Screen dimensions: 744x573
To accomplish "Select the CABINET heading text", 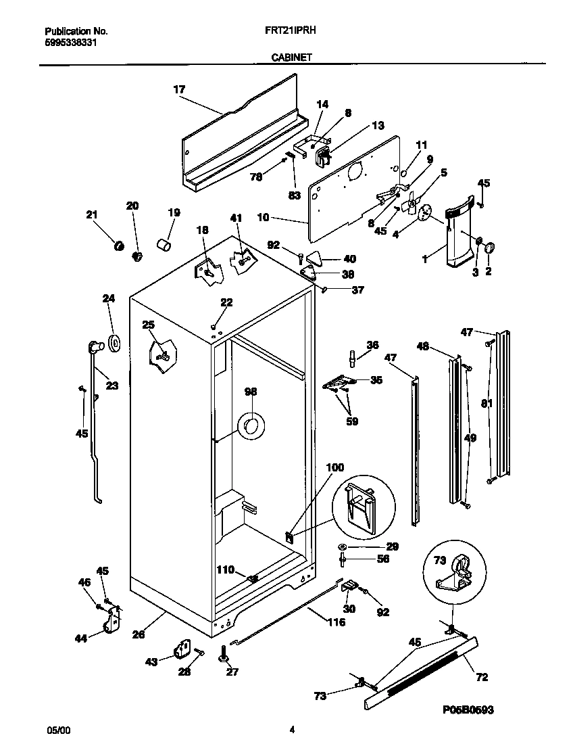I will pyautogui.click(x=291, y=58).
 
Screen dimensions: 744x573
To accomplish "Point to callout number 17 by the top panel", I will pyautogui.click(x=179, y=89).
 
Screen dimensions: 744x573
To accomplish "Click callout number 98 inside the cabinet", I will pyautogui.click(x=251, y=392).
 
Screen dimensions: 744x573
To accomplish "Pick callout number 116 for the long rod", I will pyautogui.click(x=336, y=622).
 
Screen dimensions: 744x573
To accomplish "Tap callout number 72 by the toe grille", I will pyautogui.click(x=481, y=677).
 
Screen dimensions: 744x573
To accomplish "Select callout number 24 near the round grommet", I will pyautogui.click(x=108, y=298).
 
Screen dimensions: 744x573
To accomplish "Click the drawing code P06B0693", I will pyautogui.click(x=469, y=710).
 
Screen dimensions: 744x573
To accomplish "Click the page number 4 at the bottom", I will pyautogui.click(x=292, y=730).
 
